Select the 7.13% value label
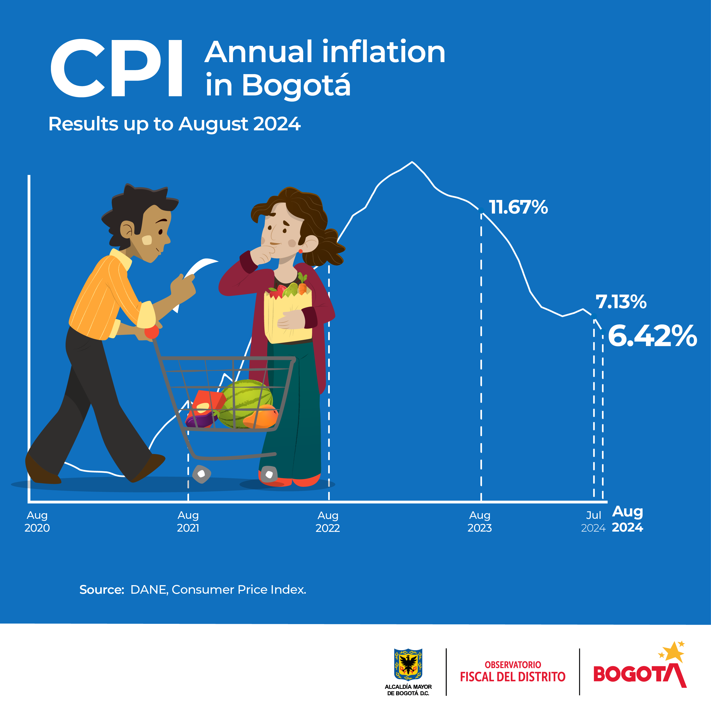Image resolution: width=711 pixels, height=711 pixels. tap(621, 302)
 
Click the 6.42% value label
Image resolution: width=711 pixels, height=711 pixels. tap(652, 336)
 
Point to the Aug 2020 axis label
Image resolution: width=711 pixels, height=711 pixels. tap(37, 521)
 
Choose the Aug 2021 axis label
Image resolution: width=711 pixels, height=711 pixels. tap(188, 521)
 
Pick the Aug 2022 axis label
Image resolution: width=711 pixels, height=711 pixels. tap(328, 521)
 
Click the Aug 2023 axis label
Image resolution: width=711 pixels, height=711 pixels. tap(480, 521)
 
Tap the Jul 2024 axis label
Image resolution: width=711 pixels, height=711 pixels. tap(593, 521)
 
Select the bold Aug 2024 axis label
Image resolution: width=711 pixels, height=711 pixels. tap(628, 519)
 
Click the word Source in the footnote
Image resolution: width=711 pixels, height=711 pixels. tap(102, 589)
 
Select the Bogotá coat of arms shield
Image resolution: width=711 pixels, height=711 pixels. tap(408, 665)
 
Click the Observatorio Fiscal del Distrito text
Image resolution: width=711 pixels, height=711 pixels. tap(513, 672)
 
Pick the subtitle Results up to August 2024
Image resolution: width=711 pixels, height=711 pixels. tap(174, 124)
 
